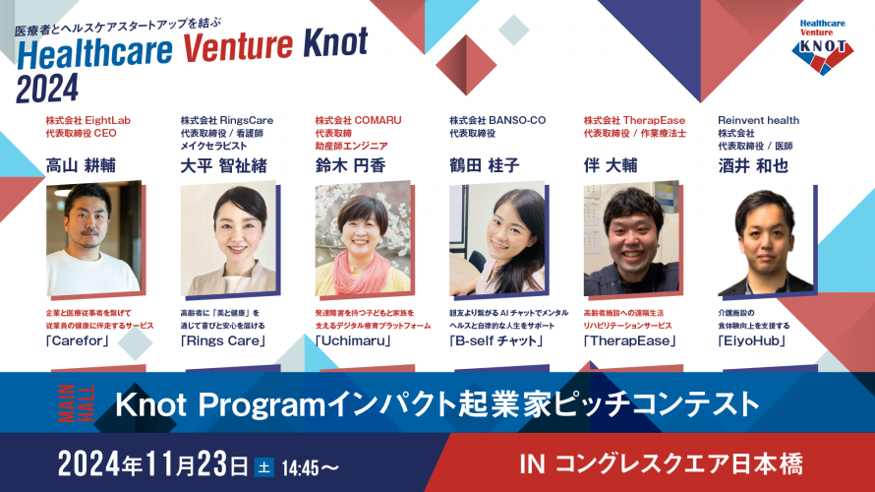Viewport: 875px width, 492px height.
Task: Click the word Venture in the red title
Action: pyautogui.click(x=238, y=46)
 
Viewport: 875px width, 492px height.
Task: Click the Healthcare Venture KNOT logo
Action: pyautogui.click(x=823, y=47)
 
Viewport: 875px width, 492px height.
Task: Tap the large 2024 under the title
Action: pyautogui.click(x=47, y=89)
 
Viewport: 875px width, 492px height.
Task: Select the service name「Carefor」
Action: pyautogui.click(x=78, y=340)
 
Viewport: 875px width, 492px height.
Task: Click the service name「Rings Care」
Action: pyautogui.click(x=223, y=340)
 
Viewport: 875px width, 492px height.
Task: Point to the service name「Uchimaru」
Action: pyautogui.click(x=353, y=340)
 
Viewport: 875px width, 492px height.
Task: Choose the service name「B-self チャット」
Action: pyautogui.click(x=496, y=340)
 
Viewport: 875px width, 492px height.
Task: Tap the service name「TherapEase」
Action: pyautogui.click(x=630, y=340)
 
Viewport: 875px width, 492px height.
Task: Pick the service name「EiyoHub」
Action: pyautogui.click(x=752, y=340)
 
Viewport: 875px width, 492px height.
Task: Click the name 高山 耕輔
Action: pyautogui.click(x=81, y=166)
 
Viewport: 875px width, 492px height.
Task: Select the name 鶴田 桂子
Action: pyautogui.click(x=485, y=166)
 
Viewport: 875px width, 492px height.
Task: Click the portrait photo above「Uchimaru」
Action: pyautogui.click(x=363, y=238)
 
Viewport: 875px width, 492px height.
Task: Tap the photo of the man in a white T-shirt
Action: pyautogui.click(x=93, y=238)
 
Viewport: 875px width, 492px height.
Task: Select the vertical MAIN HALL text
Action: pyautogui.click(x=76, y=403)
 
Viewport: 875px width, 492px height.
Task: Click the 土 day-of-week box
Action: pyautogui.click(x=263, y=466)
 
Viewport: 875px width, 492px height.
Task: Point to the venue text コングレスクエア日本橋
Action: pyautogui.click(x=679, y=464)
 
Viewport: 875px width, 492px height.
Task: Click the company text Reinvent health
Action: pyautogui.click(x=758, y=120)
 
